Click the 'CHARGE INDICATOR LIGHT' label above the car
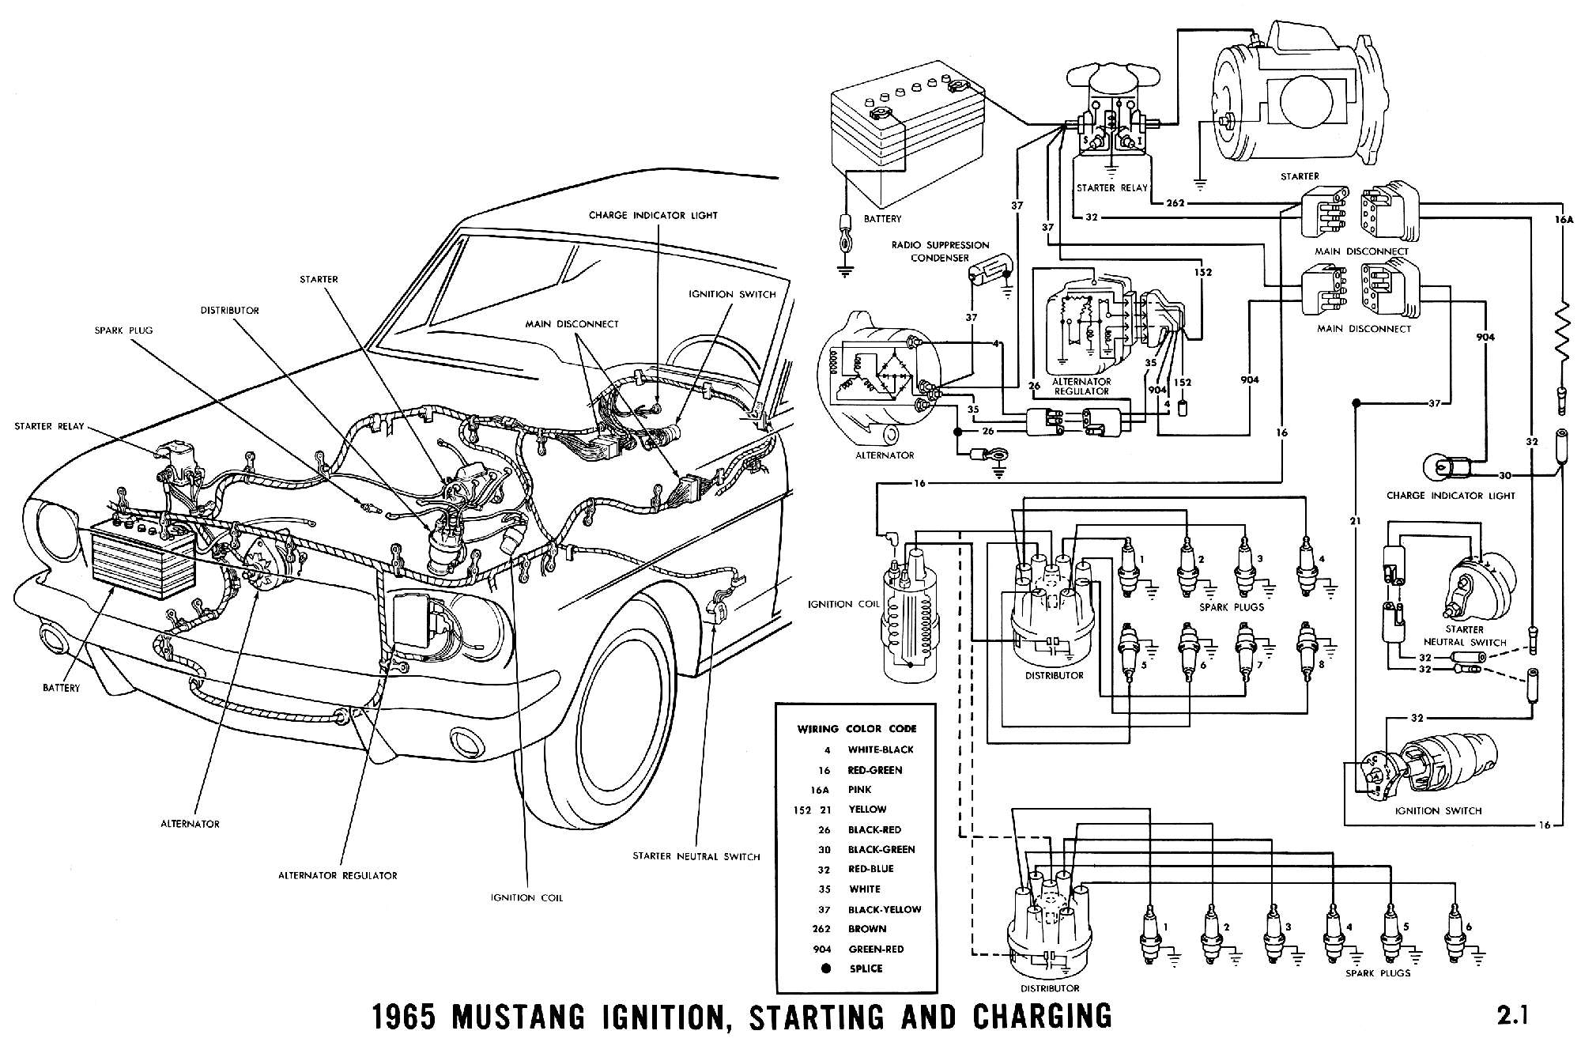[653, 215]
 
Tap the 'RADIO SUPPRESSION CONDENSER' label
[940, 251]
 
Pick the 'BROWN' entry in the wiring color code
[866, 929]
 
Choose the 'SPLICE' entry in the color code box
[865, 968]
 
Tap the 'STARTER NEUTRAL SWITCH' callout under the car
[696, 856]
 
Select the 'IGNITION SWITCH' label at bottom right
[1439, 810]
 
